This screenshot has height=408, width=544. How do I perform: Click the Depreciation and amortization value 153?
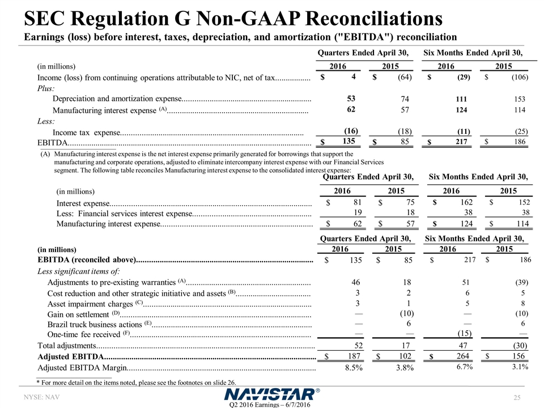(x=519, y=99)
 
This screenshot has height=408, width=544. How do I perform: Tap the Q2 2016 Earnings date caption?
(x=272, y=403)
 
